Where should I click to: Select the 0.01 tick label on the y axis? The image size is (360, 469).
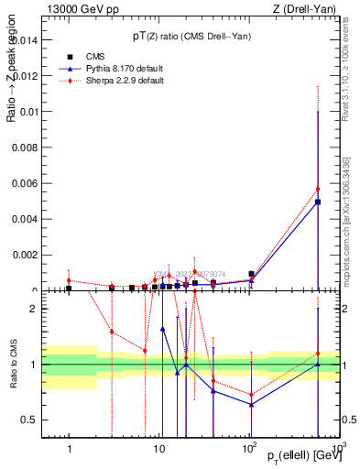coord(29,112)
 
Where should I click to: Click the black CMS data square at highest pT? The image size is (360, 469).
coord(318,202)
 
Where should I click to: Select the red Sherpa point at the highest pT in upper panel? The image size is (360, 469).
coord(318,189)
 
